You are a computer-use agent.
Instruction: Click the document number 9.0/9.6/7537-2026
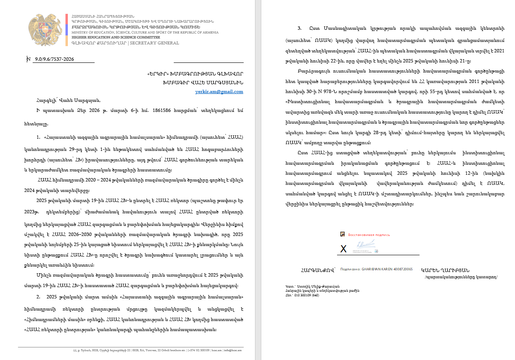(55, 59)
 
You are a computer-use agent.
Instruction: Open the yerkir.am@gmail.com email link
(219, 91)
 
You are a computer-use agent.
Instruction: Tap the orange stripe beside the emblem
(67, 40)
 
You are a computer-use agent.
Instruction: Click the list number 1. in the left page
(39, 137)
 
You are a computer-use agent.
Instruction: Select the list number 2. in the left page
(39, 297)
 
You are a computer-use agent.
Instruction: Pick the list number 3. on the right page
(299, 28)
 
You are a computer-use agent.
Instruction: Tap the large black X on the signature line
(343, 249)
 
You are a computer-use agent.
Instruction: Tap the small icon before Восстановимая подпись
(342, 234)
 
